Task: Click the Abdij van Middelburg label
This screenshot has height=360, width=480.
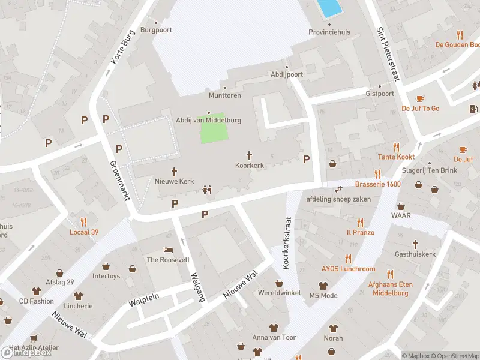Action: [x=208, y=120]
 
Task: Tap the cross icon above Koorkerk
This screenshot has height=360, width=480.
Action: [x=249, y=155]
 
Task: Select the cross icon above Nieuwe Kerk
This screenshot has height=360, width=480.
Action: [x=175, y=171]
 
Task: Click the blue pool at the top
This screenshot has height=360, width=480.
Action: [x=329, y=8]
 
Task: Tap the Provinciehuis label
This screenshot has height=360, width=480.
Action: [x=329, y=32]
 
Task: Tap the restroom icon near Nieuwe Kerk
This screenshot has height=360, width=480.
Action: [x=207, y=189]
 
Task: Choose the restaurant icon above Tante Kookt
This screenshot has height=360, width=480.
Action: [x=396, y=146]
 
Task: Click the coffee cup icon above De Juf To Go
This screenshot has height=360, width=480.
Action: [x=420, y=98]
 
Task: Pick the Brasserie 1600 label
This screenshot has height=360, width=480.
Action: [x=377, y=184]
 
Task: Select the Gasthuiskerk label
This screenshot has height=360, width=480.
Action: [x=415, y=254]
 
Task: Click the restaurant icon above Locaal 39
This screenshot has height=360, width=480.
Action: [x=83, y=221]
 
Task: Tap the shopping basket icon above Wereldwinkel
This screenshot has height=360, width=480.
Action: [x=279, y=283]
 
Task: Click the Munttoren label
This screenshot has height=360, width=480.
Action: [x=224, y=95]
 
